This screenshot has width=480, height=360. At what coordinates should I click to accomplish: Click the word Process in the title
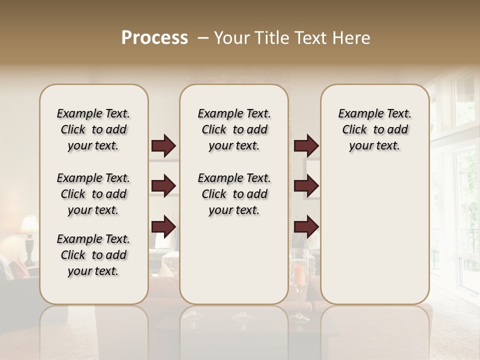[154, 38]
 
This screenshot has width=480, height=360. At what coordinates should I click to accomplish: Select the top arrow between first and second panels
[163, 146]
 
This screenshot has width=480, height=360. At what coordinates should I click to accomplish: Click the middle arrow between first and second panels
[163, 186]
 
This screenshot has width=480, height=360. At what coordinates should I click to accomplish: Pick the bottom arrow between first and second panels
[163, 226]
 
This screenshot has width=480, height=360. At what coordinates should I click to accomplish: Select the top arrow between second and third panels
[306, 146]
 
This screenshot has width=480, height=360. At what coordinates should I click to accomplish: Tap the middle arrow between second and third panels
[306, 186]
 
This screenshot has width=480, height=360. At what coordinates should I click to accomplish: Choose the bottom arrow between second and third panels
[306, 226]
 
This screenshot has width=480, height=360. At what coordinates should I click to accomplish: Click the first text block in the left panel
[93, 129]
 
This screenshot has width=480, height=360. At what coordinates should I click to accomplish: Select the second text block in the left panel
[93, 194]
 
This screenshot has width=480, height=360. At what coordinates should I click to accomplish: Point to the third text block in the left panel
[93, 255]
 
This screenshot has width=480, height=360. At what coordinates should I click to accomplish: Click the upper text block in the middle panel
[234, 129]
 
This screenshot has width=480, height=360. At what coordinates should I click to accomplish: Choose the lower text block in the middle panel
[234, 194]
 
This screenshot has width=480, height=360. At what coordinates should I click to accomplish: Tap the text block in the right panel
[374, 129]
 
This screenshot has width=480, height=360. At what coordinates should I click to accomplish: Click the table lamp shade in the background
[28, 225]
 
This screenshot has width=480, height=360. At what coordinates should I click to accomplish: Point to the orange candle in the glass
[298, 274]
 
